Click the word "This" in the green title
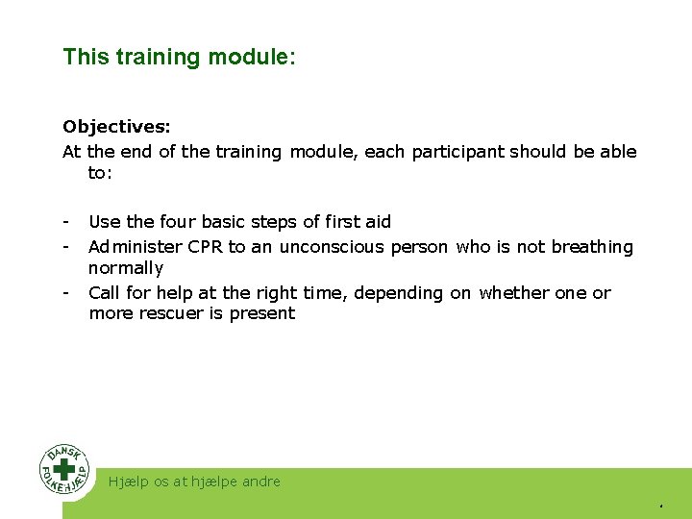pos(86,57)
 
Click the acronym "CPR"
pos(206,247)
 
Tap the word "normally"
pos(126,268)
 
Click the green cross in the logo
pos(64,469)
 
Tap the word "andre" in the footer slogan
pos(259,482)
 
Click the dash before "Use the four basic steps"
pos(65,222)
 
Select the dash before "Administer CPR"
pos(65,247)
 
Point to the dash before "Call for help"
pos(65,293)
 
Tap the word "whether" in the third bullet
pos(514,293)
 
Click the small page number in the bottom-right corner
pos(661,506)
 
